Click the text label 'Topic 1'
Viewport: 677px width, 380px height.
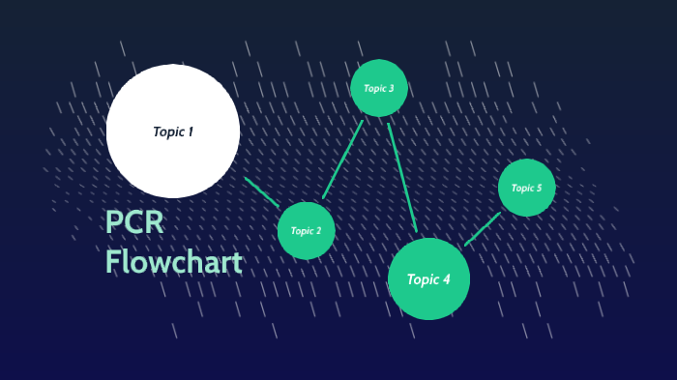[x=173, y=132]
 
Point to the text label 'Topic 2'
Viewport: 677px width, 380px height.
[x=306, y=231]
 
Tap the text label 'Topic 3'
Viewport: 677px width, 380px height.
[x=379, y=88]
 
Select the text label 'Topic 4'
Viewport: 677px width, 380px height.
[x=428, y=279]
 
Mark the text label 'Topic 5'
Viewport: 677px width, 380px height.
[x=527, y=188]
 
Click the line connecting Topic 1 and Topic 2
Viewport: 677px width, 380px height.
[x=261, y=191]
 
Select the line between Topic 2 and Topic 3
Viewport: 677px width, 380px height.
[x=342, y=160]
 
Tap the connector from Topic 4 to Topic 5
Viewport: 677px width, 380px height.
[x=483, y=229]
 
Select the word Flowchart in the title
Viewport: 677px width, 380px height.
[x=174, y=262]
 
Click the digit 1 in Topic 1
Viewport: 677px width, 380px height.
[x=191, y=132]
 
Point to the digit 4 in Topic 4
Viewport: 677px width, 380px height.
[x=446, y=279]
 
